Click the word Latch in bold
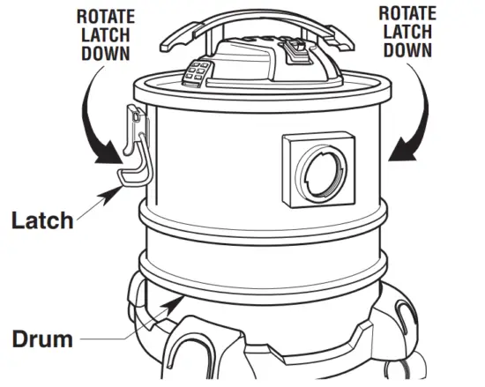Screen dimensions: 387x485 (x=42, y=219)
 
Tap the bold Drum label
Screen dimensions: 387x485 (x=41, y=338)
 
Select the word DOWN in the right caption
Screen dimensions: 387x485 (x=408, y=50)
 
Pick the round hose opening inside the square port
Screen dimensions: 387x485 (x=322, y=171)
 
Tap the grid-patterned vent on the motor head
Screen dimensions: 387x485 (x=198, y=72)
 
